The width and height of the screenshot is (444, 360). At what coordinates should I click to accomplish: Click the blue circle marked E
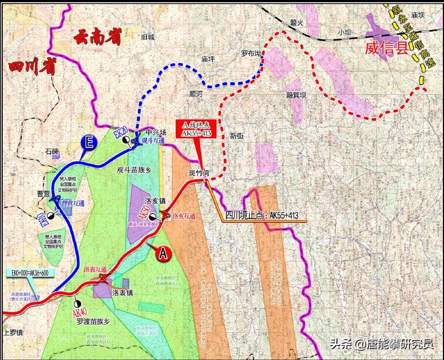click(x=89, y=143)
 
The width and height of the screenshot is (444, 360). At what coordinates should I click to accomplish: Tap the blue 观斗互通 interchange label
click(x=152, y=141)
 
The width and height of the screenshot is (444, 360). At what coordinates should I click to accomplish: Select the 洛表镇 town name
click(x=123, y=293)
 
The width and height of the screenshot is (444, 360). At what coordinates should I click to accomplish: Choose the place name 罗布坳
click(x=251, y=53)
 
